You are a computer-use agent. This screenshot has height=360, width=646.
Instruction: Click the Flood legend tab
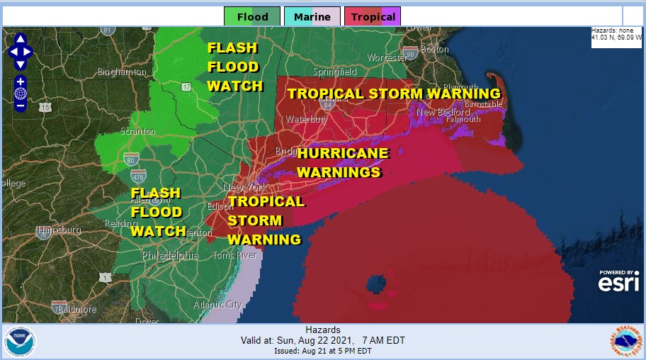click(251, 16)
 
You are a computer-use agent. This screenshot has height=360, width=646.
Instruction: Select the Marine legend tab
click(307, 16)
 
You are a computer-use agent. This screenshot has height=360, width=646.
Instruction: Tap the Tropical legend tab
click(373, 16)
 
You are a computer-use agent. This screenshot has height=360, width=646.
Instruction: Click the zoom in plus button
click(21, 81)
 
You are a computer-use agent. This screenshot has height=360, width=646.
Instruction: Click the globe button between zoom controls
click(21, 94)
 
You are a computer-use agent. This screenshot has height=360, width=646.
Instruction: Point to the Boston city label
click(434, 49)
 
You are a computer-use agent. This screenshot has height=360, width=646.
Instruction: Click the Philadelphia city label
click(170, 256)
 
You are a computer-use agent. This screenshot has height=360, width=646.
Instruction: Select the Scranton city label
click(138, 132)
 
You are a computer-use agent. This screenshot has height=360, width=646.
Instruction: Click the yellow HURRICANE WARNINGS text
click(342, 162)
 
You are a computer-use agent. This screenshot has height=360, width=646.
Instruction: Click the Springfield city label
click(335, 72)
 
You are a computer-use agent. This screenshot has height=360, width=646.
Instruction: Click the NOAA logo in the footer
click(20, 342)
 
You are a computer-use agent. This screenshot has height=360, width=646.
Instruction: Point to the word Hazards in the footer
click(322, 330)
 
